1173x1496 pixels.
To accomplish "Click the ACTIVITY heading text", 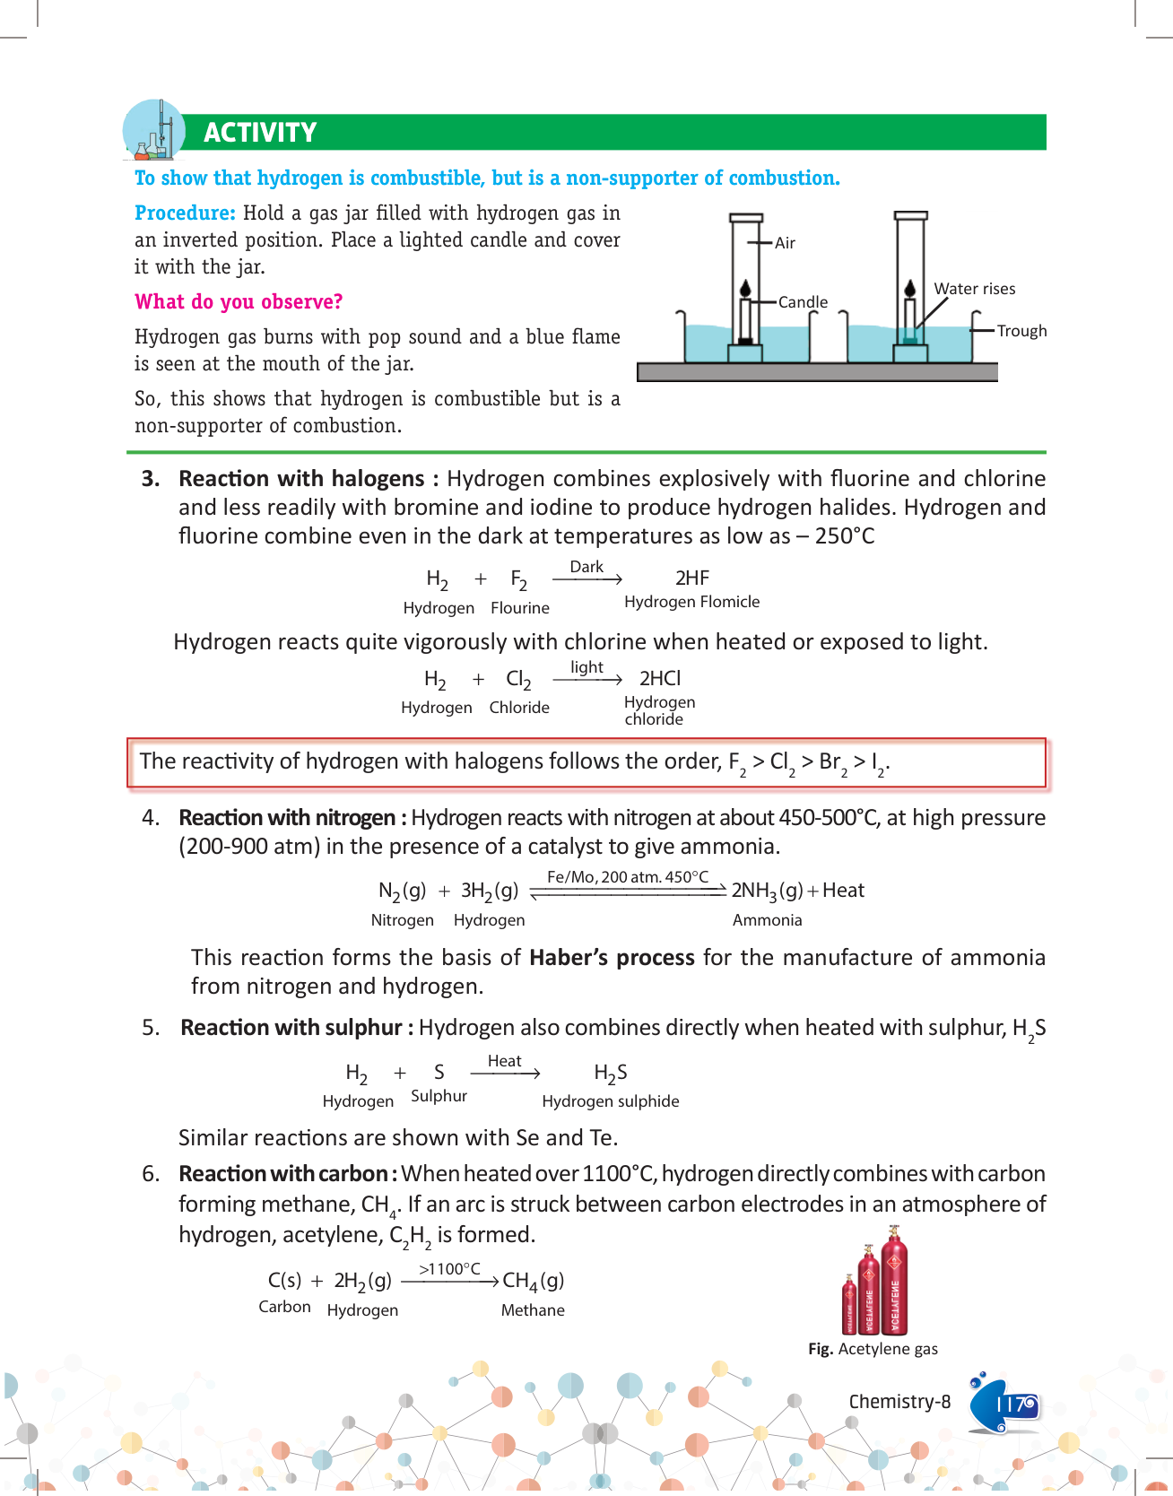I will [x=260, y=133].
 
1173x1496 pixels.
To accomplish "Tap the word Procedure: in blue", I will [x=185, y=213].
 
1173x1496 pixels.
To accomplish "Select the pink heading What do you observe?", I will [x=239, y=302].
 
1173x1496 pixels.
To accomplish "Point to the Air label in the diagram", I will [x=785, y=243].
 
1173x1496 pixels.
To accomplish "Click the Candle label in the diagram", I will [x=803, y=302].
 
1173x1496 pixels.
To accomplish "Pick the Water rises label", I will [x=975, y=289].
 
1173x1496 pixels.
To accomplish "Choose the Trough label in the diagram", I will [x=1021, y=331].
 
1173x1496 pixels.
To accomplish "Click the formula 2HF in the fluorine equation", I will [x=692, y=578].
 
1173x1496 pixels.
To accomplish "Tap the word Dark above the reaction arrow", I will [x=586, y=567].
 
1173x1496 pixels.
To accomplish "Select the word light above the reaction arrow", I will [x=586, y=667].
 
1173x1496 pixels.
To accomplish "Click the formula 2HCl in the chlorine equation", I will [x=660, y=679].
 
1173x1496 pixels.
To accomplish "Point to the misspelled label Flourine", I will [x=520, y=608].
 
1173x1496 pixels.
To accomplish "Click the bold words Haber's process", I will [x=612, y=958].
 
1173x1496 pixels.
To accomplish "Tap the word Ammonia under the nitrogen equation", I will [x=767, y=920].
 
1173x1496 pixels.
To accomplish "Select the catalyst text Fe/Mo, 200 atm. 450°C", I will [x=628, y=877].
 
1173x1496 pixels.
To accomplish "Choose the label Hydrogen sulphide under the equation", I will [x=611, y=1101].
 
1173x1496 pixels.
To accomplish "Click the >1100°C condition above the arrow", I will [x=449, y=1269].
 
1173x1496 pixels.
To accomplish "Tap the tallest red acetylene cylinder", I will [x=894, y=1287].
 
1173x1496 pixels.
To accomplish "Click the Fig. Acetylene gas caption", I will [x=873, y=1349].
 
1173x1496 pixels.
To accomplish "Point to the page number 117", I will [x=1015, y=1405].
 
